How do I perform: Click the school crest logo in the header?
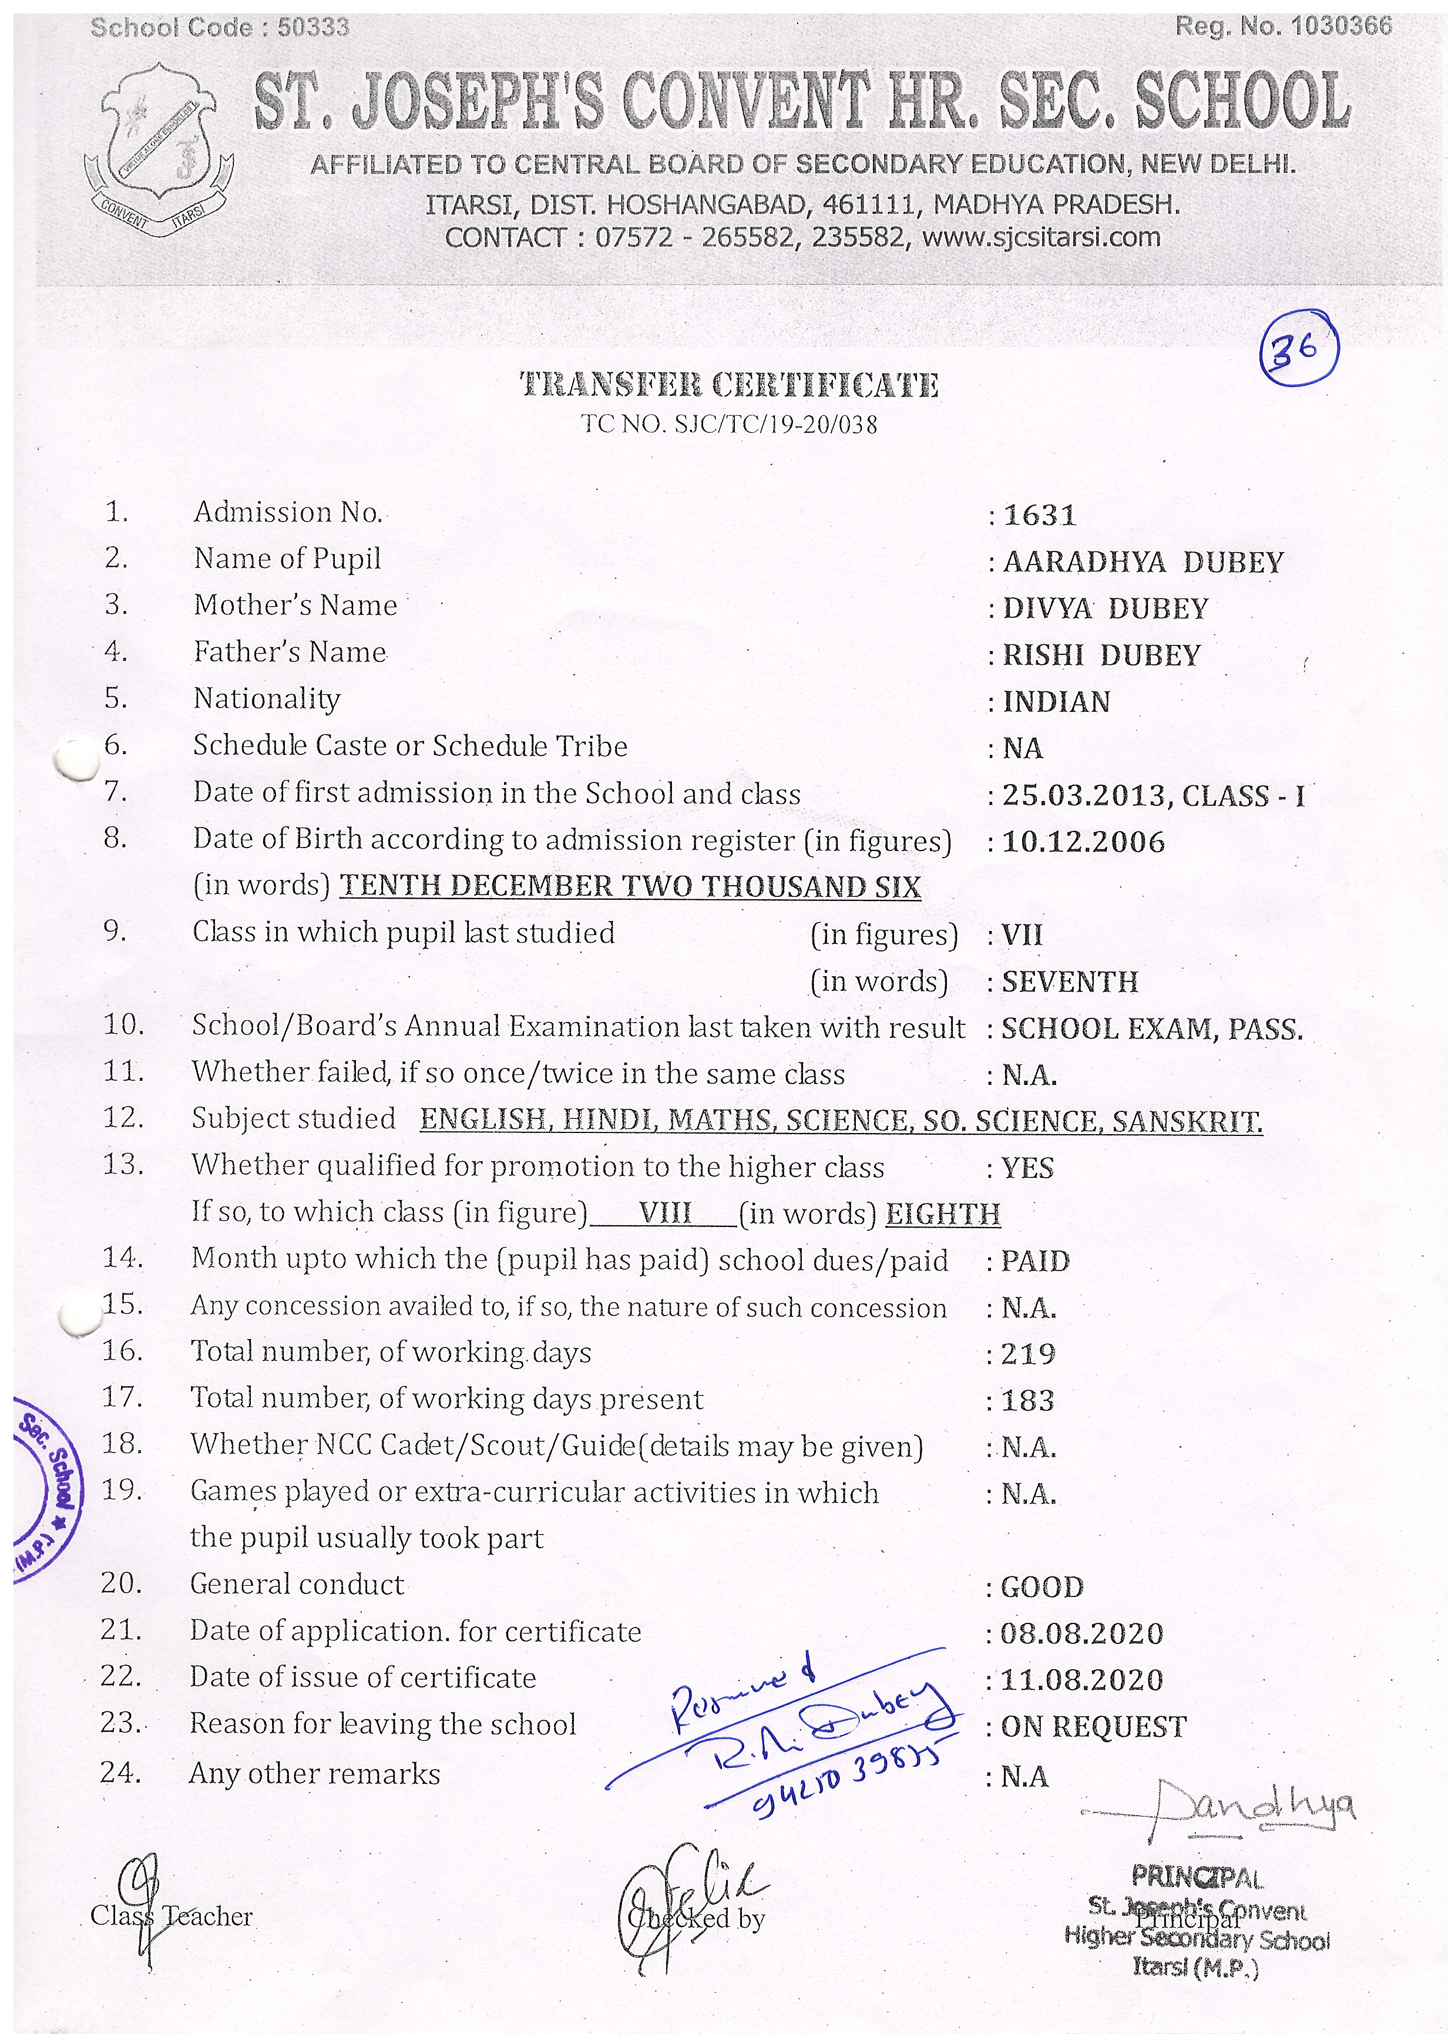pyautogui.click(x=158, y=152)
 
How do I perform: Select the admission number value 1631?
pyautogui.click(x=1040, y=515)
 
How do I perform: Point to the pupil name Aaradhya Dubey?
pyautogui.click(x=1143, y=563)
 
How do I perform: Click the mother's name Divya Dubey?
pyautogui.click(x=1106, y=608)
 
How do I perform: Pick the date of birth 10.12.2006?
pyautogui.click(x=1083, y=842)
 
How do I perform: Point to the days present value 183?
pyautogui.click(x=1027, y=1400)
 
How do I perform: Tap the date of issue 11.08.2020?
pyautogui.click(x=1081, y=1680)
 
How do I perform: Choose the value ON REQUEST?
pyautogui.click(x=1094, y=1726)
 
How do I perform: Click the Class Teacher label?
pyautogui.click(x=171, y=1917)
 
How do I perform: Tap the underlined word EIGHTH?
pyautogui.click(x=942, y=1214)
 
